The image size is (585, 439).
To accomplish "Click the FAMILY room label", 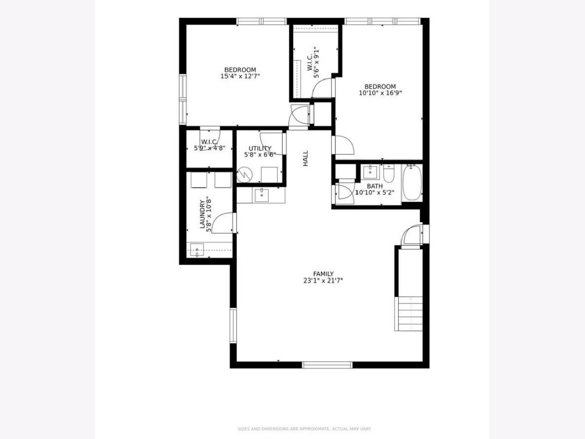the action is (323, 274).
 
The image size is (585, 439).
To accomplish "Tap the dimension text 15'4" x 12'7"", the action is (240, 76).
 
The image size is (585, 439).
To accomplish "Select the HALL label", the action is (306, 159).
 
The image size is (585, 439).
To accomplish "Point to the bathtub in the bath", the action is (412, 182).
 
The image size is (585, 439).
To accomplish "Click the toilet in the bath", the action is (389, 174).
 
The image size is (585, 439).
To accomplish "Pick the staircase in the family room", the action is (409, 314).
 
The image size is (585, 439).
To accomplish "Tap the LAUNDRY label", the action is (202, 214).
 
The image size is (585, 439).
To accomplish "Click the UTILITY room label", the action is (260, 148).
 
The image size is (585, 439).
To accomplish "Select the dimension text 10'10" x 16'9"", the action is (380, 93).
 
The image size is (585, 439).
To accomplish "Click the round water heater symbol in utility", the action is (244, 175).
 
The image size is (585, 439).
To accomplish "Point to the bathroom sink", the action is (370, 172).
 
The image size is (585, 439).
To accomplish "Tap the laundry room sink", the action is (197, 250).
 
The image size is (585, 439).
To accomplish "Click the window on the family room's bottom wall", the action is (327, 365).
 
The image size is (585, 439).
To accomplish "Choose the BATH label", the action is (375, 186).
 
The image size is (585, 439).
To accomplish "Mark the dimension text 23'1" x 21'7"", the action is (323, 280).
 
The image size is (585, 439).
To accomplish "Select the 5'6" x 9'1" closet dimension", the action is (316, 62).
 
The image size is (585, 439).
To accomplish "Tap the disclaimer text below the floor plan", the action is (304, 429).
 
